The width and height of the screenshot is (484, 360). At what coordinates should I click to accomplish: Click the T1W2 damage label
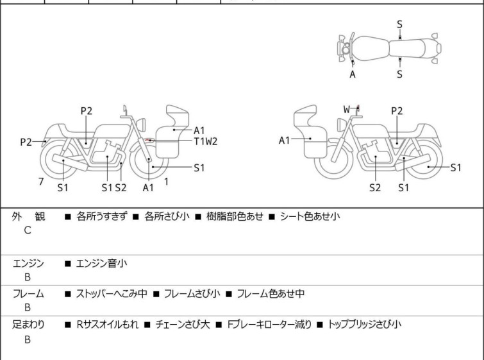206,141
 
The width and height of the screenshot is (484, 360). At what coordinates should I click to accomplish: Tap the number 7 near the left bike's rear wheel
41,182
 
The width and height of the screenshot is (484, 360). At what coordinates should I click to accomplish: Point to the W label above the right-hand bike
347,109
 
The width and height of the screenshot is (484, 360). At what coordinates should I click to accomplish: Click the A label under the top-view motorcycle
353,74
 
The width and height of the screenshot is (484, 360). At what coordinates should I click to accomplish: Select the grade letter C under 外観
28,230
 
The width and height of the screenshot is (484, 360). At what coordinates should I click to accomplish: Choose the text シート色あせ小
310,216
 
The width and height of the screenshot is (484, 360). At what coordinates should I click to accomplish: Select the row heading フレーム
28,294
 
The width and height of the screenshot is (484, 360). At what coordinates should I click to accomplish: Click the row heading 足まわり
28,325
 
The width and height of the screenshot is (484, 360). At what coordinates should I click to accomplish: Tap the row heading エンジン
28,263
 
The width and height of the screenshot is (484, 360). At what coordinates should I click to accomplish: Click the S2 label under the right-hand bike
376,187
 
